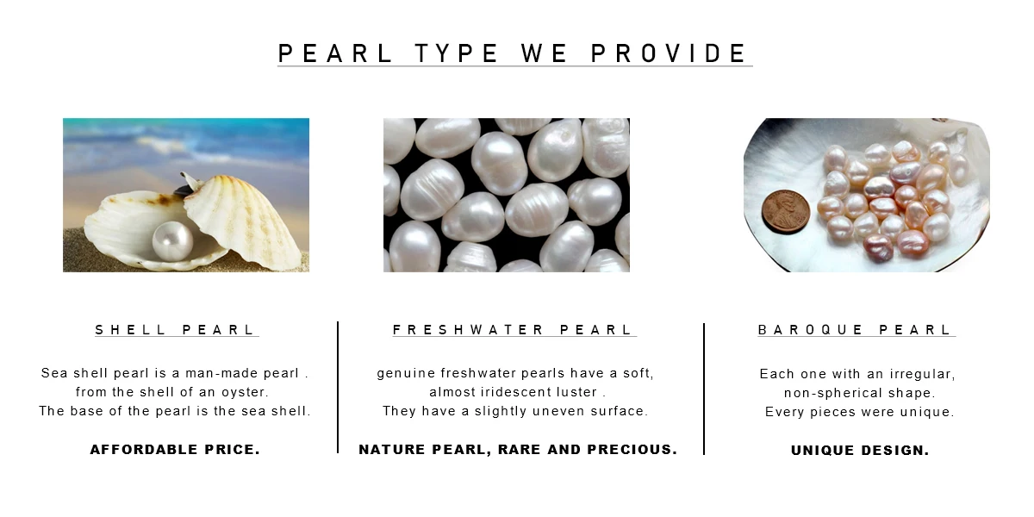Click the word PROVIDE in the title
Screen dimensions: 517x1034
click(669, 53)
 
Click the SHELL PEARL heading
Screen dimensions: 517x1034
click(176, 330)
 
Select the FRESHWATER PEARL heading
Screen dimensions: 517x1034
click(514, 330)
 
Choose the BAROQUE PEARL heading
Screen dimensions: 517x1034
click(856, 330)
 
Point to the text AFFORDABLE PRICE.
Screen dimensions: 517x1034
click(175, 450)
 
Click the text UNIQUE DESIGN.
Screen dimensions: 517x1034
click(860, 451)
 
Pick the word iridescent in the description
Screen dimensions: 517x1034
click(512, 393)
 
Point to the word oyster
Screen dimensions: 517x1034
click(245, 393)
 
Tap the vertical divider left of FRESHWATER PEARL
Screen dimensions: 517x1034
click(338, 388)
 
